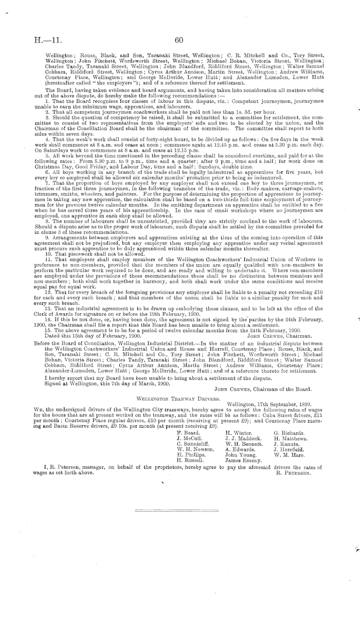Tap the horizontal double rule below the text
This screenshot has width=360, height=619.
pos(179,511)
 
